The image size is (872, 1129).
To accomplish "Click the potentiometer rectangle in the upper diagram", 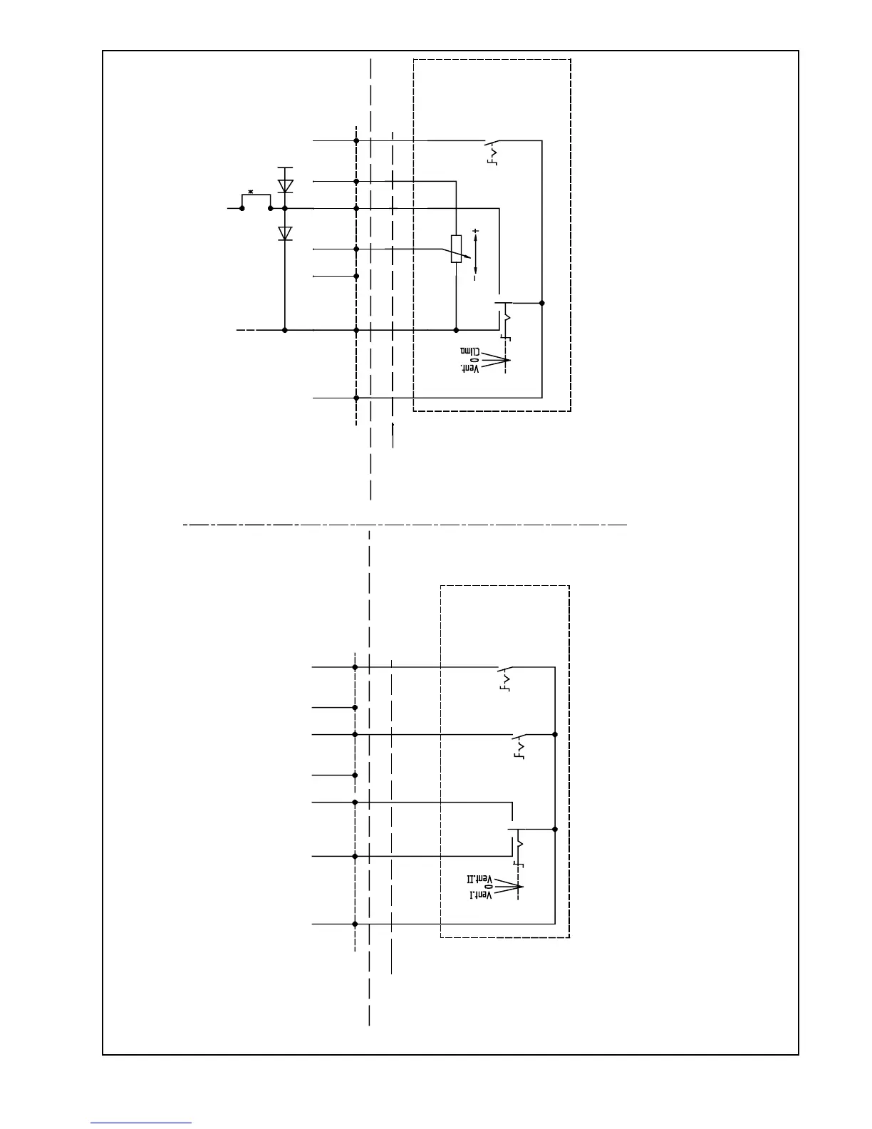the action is tap(456, 248).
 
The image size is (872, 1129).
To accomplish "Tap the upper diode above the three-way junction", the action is tap(285, 185).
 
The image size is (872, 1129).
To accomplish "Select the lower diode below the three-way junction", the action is tap(285, 233).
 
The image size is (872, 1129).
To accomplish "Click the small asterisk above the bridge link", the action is tap(251, 191).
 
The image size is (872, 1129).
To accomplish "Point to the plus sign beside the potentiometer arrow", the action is tap(475, 232).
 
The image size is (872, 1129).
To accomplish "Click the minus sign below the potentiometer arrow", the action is tap(475, 279).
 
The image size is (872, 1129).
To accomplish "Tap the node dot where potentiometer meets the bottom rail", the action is tap(456, 330).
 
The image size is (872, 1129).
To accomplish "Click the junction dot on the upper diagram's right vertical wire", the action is tap(542, 303).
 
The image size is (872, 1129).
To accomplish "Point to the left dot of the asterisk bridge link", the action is tap(242, 208).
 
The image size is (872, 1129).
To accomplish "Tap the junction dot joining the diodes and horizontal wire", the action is tap(285, 208).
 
